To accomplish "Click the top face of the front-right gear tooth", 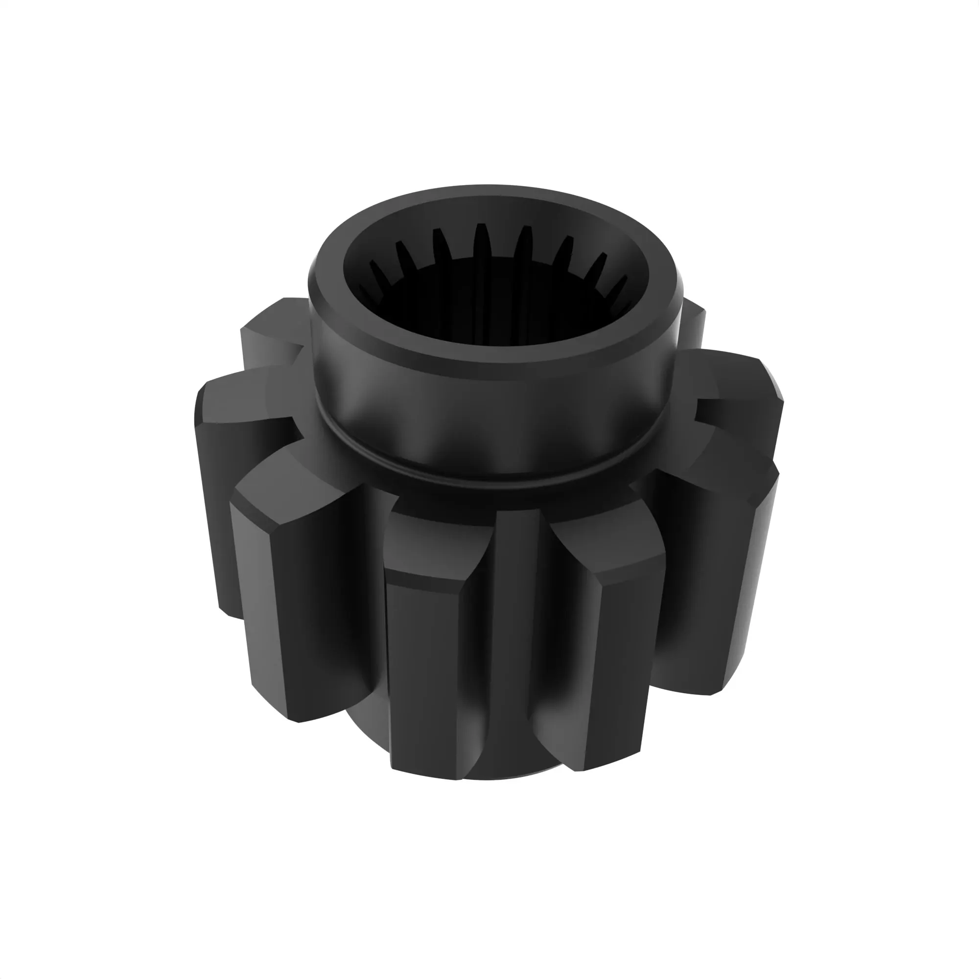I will click(608, 552).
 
